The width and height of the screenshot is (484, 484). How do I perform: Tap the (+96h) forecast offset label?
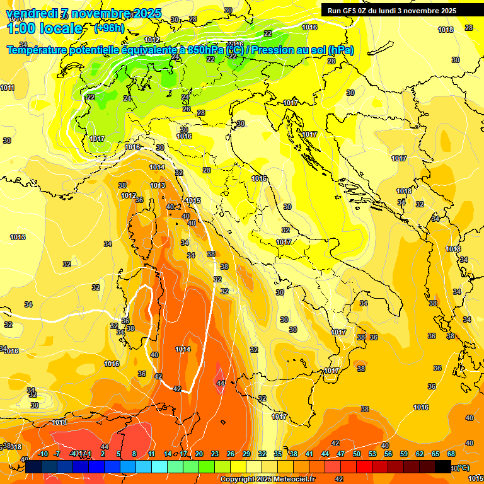(x=109, y=28)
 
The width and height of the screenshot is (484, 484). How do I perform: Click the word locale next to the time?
(x=63, y=28)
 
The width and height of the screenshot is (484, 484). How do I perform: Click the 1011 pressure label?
(x=7, y=88)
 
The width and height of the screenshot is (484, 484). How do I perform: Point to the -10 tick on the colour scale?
(x=43, y=454)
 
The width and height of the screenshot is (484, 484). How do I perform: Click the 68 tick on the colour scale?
(x=451, y=454)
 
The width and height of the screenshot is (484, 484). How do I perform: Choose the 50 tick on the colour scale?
(x=357, y=454)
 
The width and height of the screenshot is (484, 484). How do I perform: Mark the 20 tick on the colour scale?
(x=199, y=454)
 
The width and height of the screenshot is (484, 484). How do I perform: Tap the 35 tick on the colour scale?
(x=278, y=454)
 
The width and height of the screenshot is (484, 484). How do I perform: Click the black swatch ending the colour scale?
(x=443, y=466)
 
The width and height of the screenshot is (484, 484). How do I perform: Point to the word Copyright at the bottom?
(x=238, y=480)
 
